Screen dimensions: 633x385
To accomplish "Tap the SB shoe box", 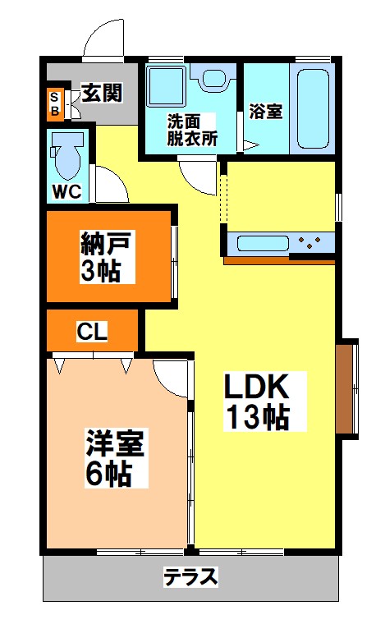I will point(55,102).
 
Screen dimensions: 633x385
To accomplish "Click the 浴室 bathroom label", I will point(266,111).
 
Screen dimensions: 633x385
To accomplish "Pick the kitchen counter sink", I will point(261,242).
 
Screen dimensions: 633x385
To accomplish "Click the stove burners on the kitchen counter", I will point(310,242).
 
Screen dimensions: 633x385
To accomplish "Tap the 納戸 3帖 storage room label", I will point(107,256).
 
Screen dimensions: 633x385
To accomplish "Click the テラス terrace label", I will point(190,577).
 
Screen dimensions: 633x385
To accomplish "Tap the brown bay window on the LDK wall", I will point(347,386).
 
